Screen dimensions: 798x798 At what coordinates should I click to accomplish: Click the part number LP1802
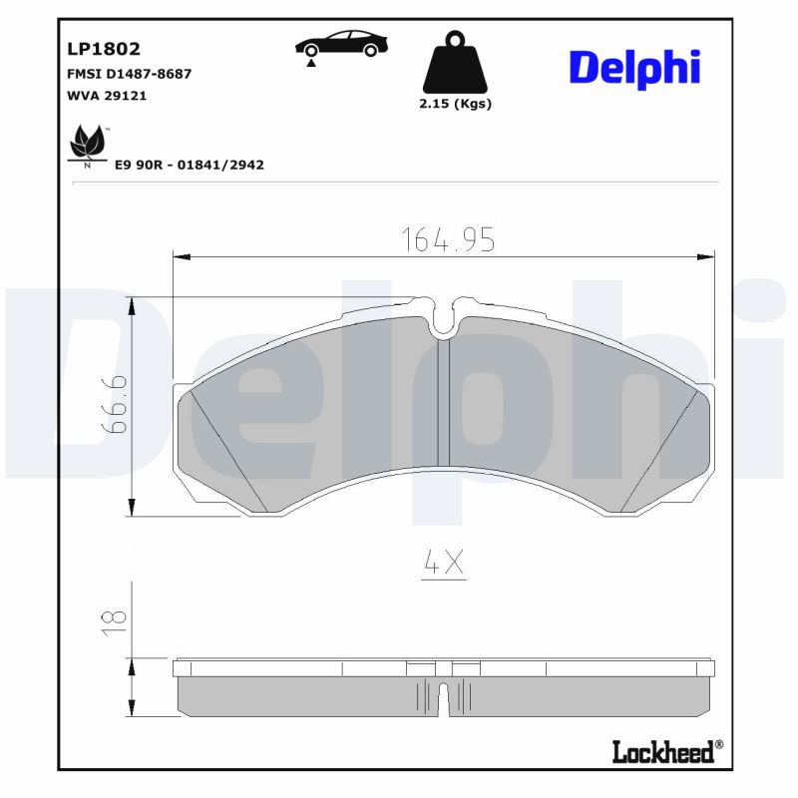[x=103, y=49]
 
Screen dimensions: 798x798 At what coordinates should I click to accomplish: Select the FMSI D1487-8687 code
[x=129, y=74]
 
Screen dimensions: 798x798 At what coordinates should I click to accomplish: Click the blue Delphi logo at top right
[x=634, y=67]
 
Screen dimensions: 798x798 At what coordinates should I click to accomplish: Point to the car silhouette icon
[x=341, y=45]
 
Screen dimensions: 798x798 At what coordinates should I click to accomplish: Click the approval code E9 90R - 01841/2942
[x=190, y=165]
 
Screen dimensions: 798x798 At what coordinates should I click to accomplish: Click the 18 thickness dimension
[x=115, y=621]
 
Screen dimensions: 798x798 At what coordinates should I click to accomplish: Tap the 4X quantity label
[x=444, y=564]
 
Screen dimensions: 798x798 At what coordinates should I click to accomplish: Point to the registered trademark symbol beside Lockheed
[x=720, y=745]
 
